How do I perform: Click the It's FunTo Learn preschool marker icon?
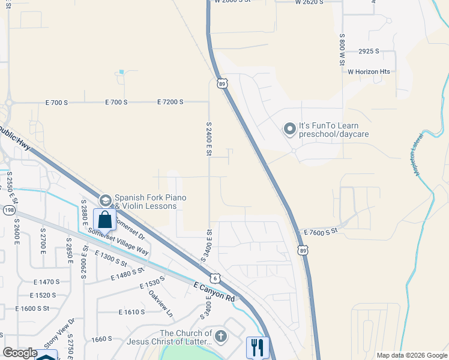click(x=290, y=129)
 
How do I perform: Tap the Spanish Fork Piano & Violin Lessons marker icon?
click(x=105, y=200)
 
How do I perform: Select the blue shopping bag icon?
click(x=104, y=220)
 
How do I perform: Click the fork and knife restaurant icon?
click(x=258, y=347)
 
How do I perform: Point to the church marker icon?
click(x=221, y=336)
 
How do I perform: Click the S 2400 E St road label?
click(x=209, y=139)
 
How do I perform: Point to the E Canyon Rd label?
click(x=214, y=292)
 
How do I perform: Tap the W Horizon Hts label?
click(x=369, y=72)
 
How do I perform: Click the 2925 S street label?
click(x=369, y=52)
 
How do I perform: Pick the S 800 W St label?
click(x=342, y=48)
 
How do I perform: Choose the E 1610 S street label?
click(x=132, y=313)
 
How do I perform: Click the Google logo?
click(x=20, y=353)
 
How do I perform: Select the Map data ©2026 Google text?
click(x=411, y=355)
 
